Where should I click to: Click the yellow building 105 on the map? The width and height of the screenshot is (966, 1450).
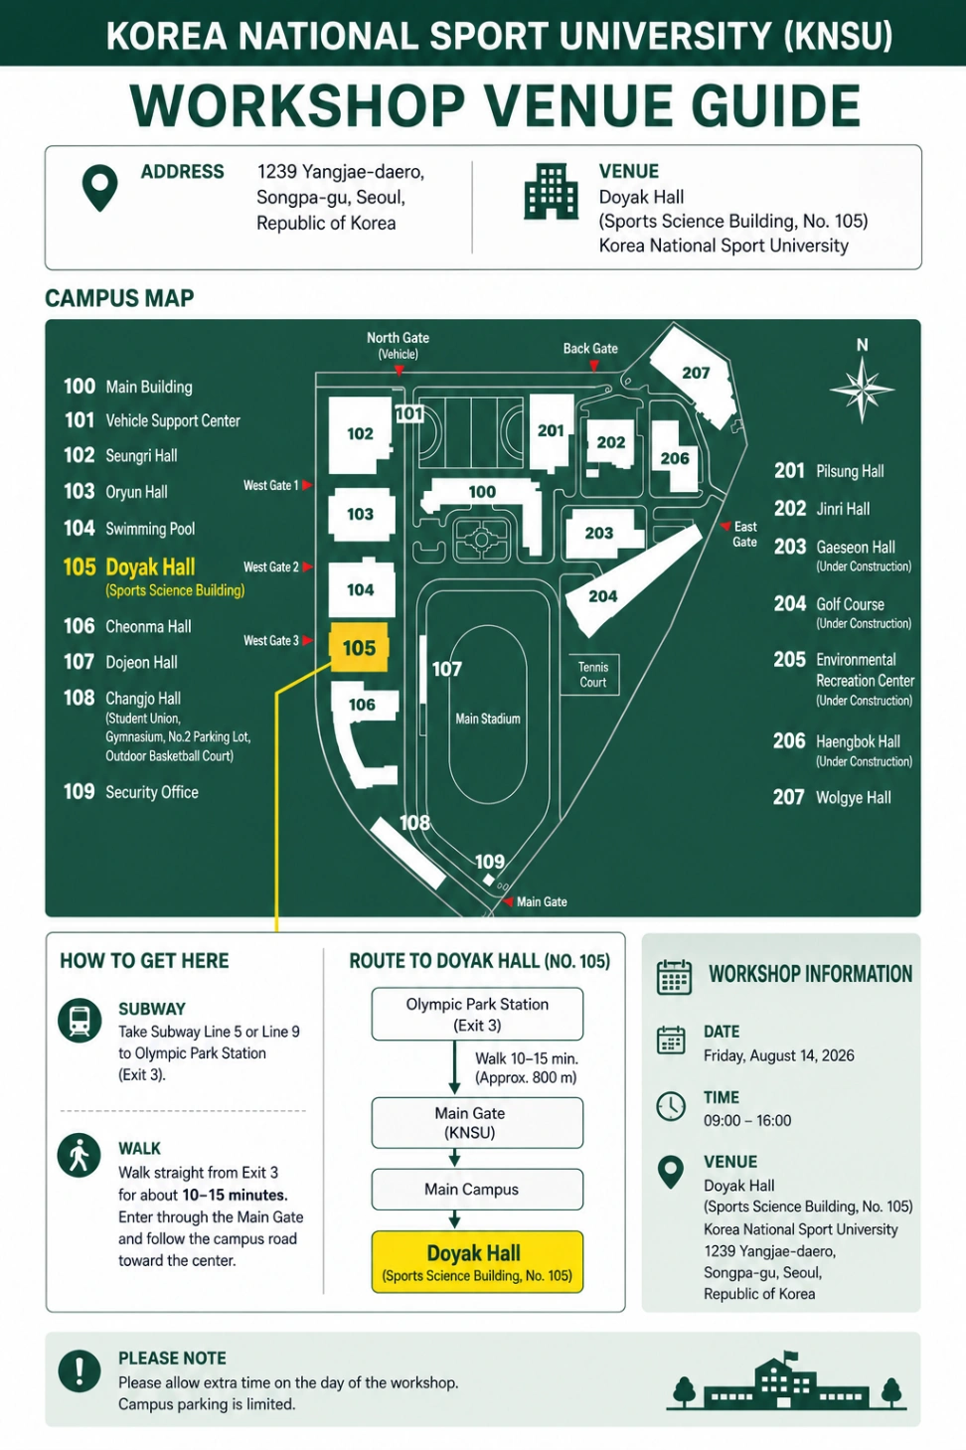point(360,647)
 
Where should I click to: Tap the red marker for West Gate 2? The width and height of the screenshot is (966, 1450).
point(307,567)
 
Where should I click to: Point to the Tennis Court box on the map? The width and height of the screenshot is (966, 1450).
point(589,675)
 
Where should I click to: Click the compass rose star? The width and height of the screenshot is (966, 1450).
point(862,390)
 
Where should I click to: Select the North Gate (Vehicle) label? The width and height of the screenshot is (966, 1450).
point(398,345)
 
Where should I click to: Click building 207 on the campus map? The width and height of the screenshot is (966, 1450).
point(694,376)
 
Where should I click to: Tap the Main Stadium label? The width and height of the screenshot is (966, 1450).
point(488,719)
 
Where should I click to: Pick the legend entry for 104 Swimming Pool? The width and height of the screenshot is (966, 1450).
point(129,528)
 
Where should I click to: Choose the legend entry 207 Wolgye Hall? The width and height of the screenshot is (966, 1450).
point(832,797)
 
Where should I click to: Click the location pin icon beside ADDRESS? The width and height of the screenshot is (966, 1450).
point(99,188)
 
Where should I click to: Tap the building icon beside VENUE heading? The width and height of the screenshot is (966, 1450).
point(551,191)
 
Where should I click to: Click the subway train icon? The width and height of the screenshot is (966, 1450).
point(80,1021)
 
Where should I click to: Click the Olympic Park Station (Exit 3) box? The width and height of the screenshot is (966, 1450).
point(477,1015)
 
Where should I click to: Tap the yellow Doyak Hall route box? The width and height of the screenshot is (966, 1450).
point(477,1262)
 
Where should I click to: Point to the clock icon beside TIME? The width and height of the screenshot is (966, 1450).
point(671,1106)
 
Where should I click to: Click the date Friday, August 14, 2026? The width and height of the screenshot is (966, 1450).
point(779,1055)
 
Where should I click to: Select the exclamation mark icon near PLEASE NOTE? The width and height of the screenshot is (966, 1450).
point(80,1370)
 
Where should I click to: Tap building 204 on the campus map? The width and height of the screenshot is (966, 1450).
point(631,580)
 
